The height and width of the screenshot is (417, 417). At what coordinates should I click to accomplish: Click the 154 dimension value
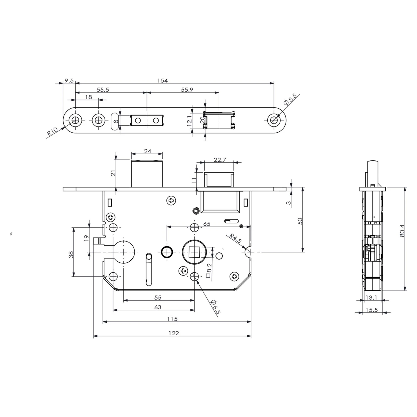163,81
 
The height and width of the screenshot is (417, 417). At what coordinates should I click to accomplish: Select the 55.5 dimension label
103,90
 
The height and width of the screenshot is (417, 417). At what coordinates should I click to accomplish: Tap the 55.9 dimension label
187,90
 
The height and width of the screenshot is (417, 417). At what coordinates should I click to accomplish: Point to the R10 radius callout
52,131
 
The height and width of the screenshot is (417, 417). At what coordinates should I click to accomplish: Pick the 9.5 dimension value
69,81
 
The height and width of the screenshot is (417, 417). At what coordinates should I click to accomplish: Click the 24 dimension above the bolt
148,151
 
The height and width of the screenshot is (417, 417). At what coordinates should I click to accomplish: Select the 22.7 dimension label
220,160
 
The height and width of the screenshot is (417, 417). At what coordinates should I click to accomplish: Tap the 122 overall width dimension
174,333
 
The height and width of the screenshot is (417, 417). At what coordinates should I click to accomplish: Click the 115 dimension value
172,319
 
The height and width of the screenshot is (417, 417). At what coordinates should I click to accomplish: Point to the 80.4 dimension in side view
402,231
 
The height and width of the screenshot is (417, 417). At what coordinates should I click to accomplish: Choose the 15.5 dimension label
372,310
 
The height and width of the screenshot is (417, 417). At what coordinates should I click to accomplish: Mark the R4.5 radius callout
235,239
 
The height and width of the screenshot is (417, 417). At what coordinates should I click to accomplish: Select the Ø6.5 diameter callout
215,307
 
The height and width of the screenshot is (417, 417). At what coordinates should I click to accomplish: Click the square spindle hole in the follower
194,252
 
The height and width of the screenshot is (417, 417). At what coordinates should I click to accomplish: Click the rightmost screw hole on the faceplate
274,120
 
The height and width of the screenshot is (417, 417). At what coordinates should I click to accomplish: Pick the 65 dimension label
207,224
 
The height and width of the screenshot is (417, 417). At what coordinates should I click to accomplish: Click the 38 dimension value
71,254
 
